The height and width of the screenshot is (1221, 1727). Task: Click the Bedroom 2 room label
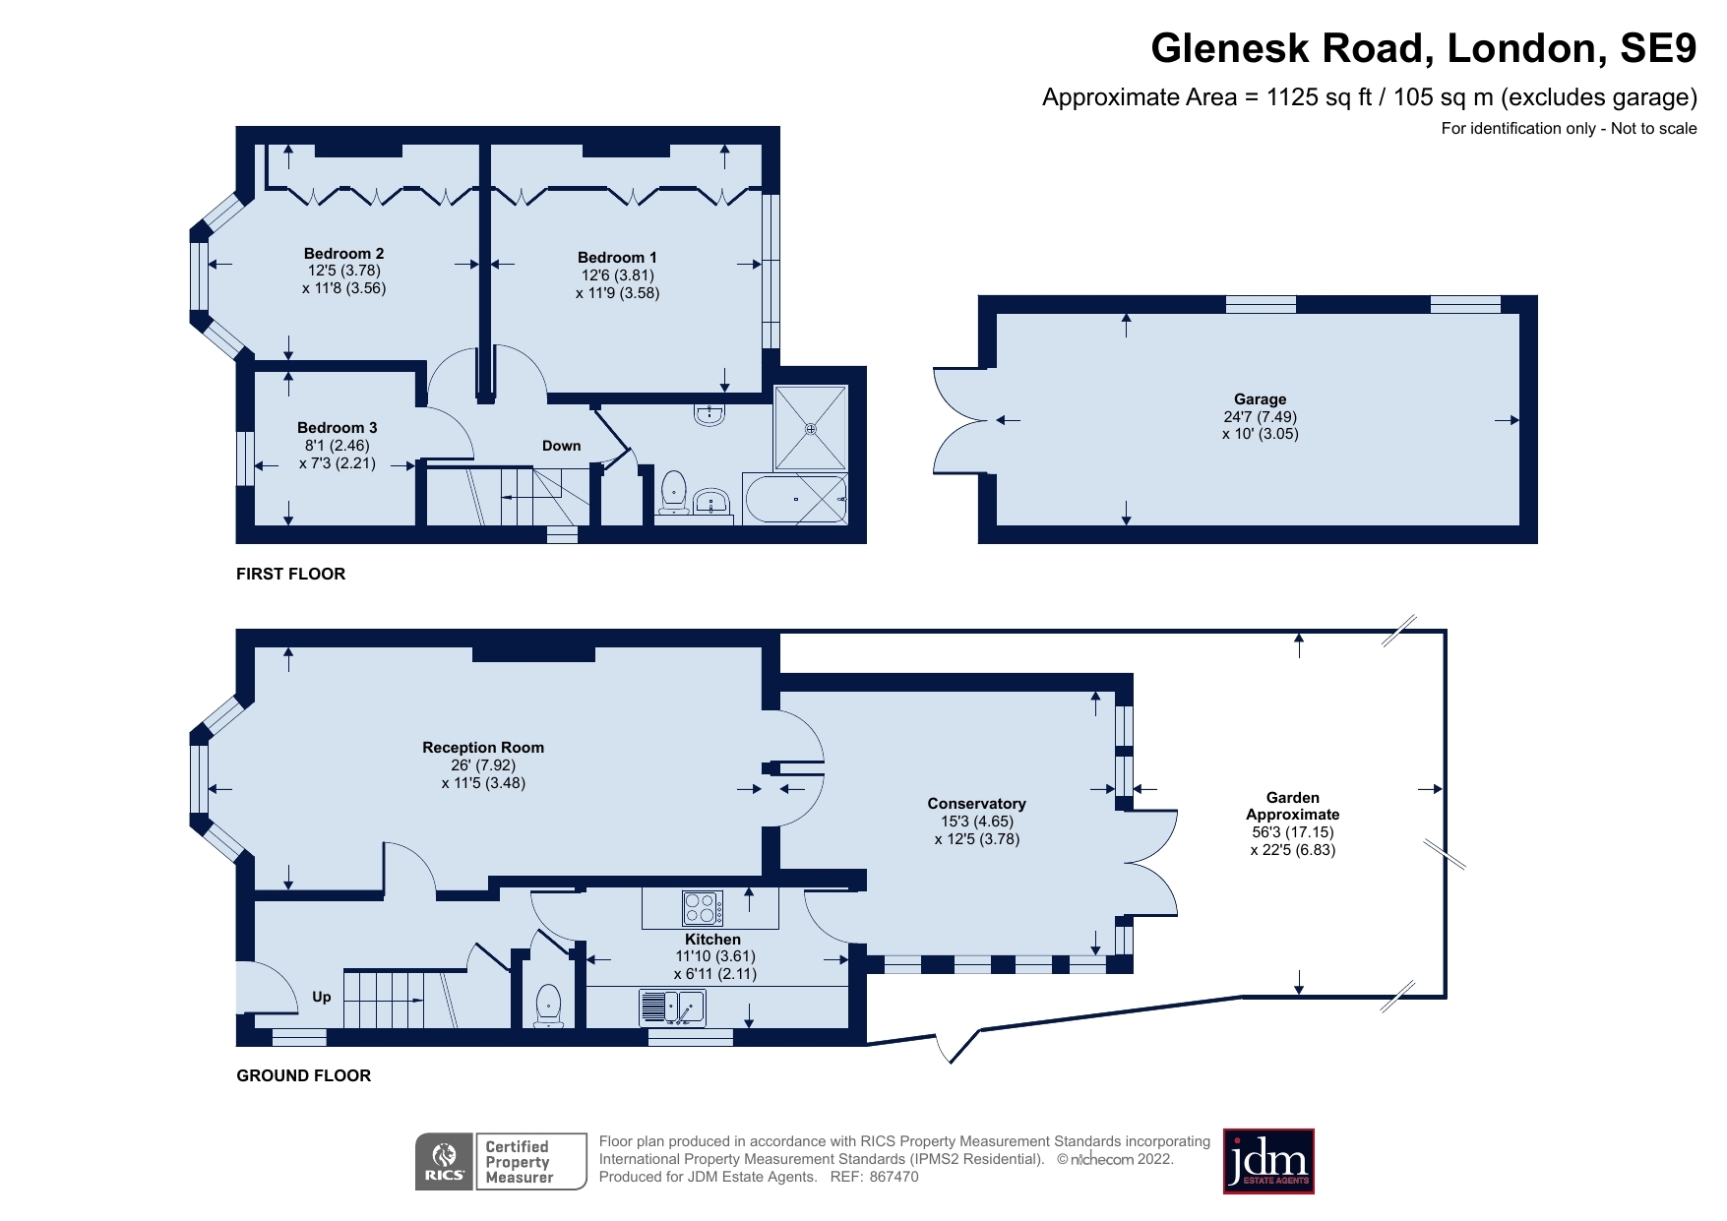pyautogui.click(x=343, y=253)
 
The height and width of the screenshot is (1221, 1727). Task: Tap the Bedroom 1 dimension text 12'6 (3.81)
pyautogui.click(x=617, y=275)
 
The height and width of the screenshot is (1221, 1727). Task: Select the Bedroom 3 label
pyautogui.click(x=337, y=427)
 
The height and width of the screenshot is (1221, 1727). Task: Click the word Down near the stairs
pyautogui.click(x=561, y=446)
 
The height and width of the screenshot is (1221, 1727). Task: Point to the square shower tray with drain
pyautogui.click(x=810, y=428)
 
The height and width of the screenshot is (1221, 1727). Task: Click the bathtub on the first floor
pyautogui.click(x=795, y=500)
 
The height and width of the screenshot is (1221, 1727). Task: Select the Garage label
pyautogui.click(x=1260, y=398)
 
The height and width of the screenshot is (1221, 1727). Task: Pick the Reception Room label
pyautogui.click(x=482, y=747)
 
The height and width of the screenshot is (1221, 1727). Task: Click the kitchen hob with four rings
pyautogui.click(x=702, y=907)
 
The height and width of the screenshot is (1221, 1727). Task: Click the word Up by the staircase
pyautogui.click(x=322, y=997)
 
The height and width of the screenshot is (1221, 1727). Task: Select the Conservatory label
pyautogui.click(x=976, y=803)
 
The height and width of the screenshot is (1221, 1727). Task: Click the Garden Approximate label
pyautogui.click(x=1292, y=806)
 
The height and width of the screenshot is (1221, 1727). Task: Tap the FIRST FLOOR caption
pyautogui.click(x=290, y=574)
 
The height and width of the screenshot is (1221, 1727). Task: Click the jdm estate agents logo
pyautogui.click(x=1267, y=1161)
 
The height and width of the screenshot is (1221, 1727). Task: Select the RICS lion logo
pyautogui.click(x=444, y=1161)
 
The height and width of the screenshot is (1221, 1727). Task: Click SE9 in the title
pyautogui.click(x=1660, y=48)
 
